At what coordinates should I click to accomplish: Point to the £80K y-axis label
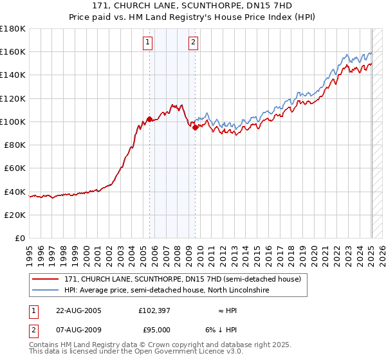(x=15, y=145)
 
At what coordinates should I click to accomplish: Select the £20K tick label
(x=15, y=215)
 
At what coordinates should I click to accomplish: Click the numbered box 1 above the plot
(x=148, y=43)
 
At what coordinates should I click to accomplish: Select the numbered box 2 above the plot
(x=193, y=43)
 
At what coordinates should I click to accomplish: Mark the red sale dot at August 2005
(x=150, y=119)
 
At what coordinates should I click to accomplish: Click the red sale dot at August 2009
(x=195, y=127)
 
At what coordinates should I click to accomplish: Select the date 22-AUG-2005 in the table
(x=78, y=310)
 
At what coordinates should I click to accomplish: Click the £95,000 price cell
(x=154, y=330)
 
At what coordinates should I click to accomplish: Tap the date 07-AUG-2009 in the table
(x=78, y=330)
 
